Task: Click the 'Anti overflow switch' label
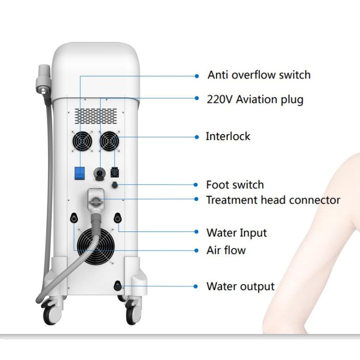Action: point(259,75)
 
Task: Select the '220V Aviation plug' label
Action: point(255,99)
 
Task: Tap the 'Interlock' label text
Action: point(228,136)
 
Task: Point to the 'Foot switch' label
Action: point(235,185)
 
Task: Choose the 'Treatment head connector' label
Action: point(273,200)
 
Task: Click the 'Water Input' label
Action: point(236,233)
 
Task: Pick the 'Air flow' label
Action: point(226,250)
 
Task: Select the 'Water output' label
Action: point(240,286)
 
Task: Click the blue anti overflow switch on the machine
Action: point(79,173)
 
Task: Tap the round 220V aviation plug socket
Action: point(99,173)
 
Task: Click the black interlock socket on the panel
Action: point(115,172)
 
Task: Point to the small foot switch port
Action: point(114,185)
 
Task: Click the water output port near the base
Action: point(117,286)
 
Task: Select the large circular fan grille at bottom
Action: point(95,246)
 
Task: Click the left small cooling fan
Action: point(82,141)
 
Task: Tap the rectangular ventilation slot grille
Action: point(95,116)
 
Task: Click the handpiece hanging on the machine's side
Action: point(43,79)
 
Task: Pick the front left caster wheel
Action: point(52,312)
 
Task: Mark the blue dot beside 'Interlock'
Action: point(196,137)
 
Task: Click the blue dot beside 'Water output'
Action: point(195,286)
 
